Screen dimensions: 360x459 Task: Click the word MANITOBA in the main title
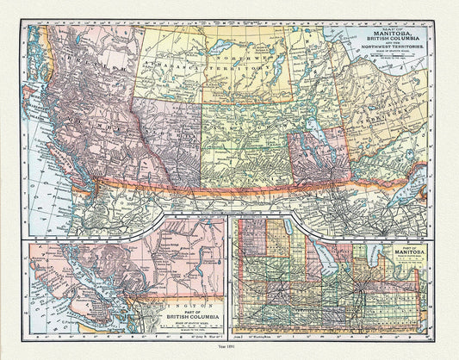386,36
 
